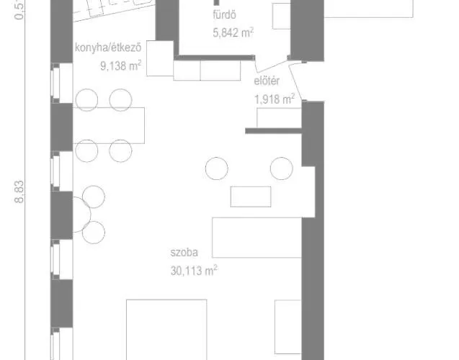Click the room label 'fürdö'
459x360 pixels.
coord(224,15)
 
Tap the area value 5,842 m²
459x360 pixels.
coord(233,32)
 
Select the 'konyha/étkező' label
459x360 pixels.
coord(108,48)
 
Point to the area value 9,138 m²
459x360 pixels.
coord(120,66)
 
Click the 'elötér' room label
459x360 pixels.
coord(267,81)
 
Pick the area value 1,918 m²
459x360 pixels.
coord(275,99)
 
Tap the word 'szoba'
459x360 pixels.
coord(184,253)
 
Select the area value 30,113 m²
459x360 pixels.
coord(194,271)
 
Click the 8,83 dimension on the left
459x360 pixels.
coord(19,192)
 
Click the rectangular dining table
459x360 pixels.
coord(109,125)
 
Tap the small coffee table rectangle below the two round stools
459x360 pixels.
coord(251,197)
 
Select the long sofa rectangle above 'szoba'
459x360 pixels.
coord(257,238)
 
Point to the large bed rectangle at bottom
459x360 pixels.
coord(166,330)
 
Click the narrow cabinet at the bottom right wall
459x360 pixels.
coord(288,327)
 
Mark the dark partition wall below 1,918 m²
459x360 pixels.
coord(273,131)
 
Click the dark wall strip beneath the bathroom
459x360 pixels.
coord(215,58)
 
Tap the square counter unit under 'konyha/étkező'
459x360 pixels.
coord(160,58)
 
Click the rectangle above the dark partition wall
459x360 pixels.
coord(280,118)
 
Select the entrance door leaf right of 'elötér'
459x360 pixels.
coord(296,82)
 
